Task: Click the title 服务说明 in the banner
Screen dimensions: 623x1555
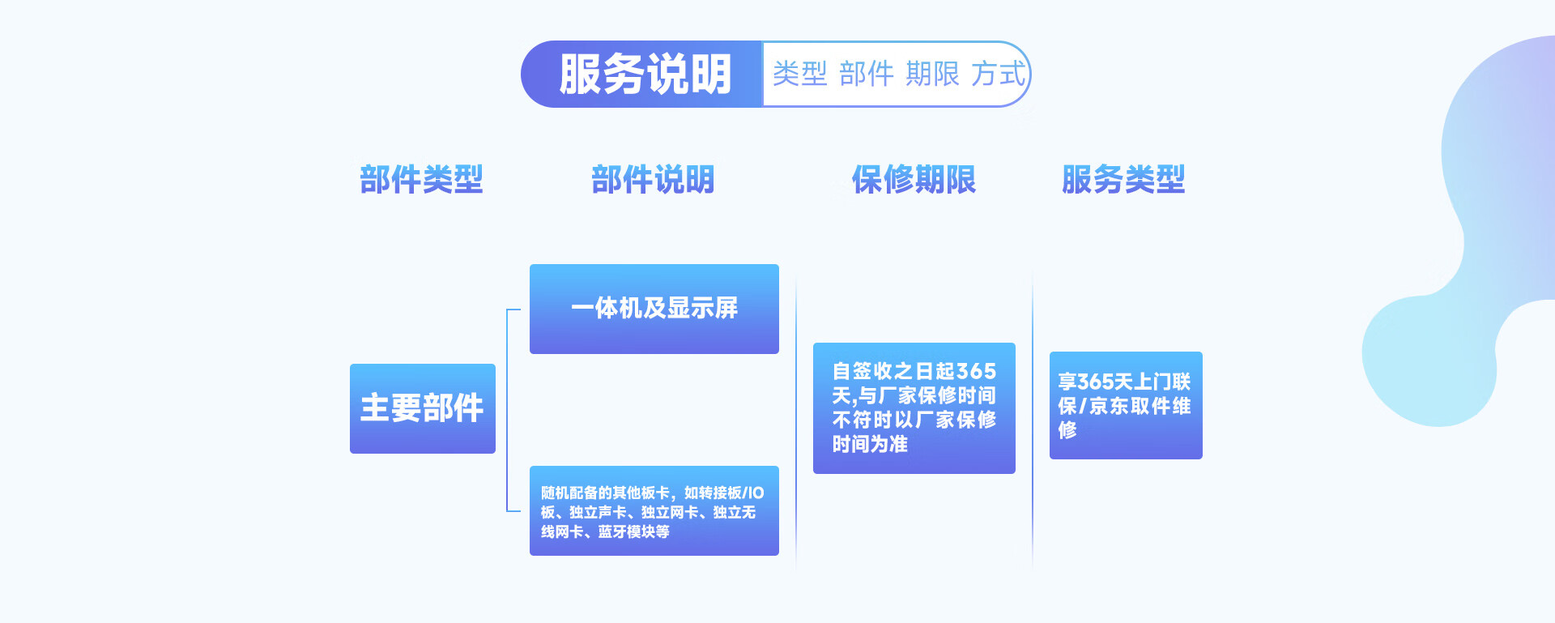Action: (x=645, y=75)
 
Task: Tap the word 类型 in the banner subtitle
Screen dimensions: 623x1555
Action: (x=799, y=75)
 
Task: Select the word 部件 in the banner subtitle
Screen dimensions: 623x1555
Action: (x=866, y=75)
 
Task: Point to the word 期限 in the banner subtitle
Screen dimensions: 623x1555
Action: (x=932, y=75)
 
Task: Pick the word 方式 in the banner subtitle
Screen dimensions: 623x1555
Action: (x=998, y=75)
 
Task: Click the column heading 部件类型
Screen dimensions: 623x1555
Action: (x=421, y=179)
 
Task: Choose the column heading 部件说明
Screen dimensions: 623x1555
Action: (x=653, y=179)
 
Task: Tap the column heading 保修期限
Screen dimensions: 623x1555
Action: (x=914, y=179)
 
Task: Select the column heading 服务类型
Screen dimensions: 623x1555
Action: (x=1123, y=179)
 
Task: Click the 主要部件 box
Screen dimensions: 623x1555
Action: (x=422, y=408)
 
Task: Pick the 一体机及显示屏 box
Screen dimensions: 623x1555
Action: (x=654, y=309)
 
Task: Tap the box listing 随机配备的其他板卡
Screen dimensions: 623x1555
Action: (x=654, y=510)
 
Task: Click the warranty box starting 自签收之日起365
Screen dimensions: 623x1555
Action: (x=914, y=408)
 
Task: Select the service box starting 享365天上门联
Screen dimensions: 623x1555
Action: (x=1125, y=405)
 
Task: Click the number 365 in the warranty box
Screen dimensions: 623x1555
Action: (x=976, y=372)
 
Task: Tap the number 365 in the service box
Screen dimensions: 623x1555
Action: (x=1096, y=382)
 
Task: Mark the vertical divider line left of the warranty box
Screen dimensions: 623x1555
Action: (x=796, y=421)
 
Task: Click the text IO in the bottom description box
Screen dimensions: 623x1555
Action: (x=754, y=493)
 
